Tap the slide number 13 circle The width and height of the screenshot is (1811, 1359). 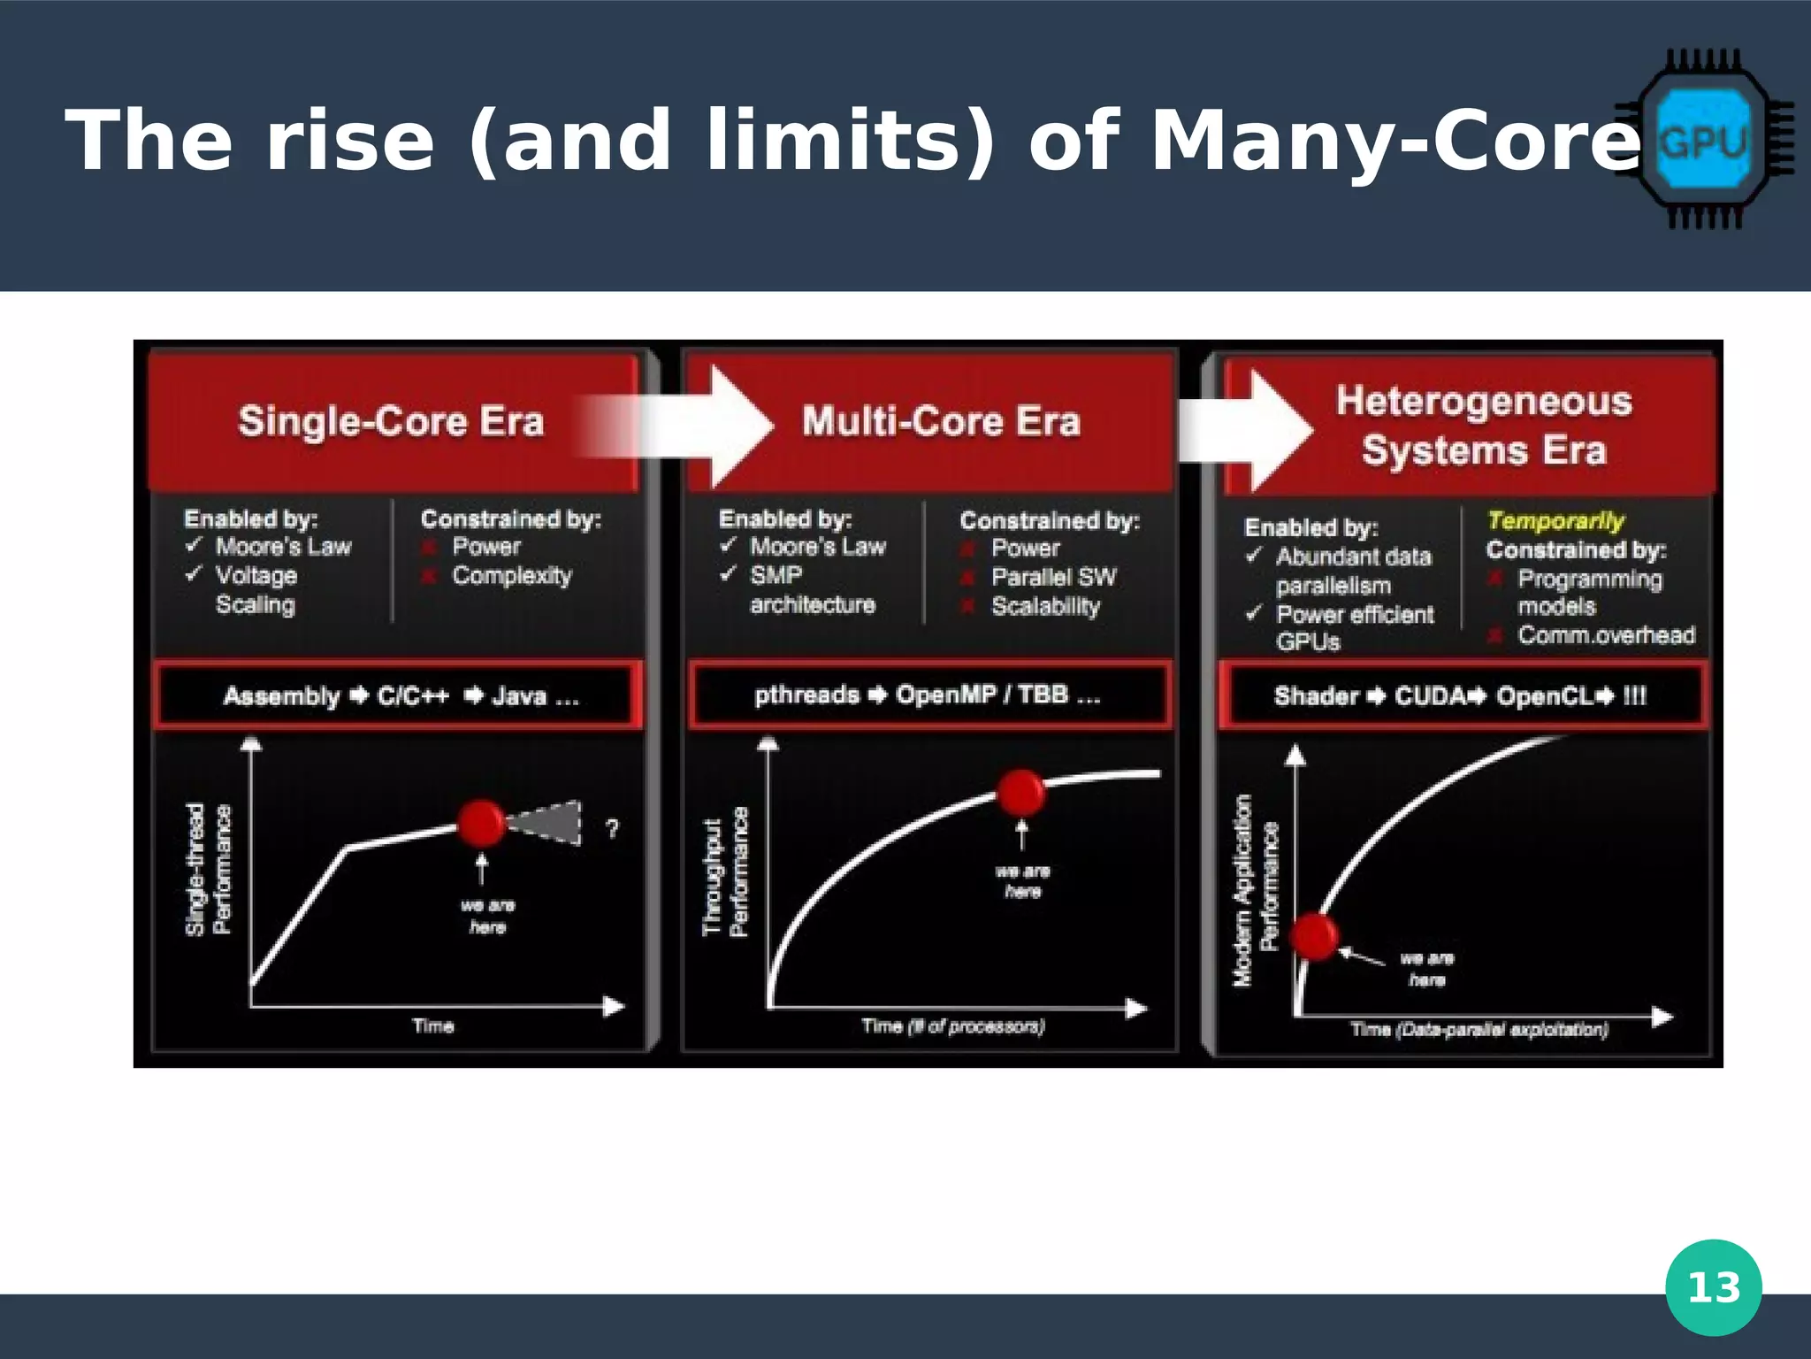[1713, 1287]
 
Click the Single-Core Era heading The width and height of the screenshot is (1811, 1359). [391, 421]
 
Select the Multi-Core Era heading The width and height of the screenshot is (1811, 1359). [941, 421]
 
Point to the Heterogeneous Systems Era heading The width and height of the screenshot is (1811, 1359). [1484, 426]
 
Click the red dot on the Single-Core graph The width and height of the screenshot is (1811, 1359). [481, 824]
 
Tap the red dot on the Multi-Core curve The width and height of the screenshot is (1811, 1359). [1021, 792]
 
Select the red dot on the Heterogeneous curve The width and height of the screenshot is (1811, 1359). [1314, 936]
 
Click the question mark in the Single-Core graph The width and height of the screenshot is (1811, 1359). [612, 828]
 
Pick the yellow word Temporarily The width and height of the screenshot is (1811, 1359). [1555, 521]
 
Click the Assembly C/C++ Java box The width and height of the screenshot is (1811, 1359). [400, 696]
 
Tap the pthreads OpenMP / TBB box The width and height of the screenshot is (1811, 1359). [928, 695]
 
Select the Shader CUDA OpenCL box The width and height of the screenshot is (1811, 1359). [1461, 696]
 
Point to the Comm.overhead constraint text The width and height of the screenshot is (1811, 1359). [1606, 635]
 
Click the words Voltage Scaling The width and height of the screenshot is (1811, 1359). [256, 589]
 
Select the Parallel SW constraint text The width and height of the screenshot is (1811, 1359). [1053, 577]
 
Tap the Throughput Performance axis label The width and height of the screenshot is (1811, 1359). [725, 872]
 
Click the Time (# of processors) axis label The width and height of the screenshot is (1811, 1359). [953, 1026]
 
